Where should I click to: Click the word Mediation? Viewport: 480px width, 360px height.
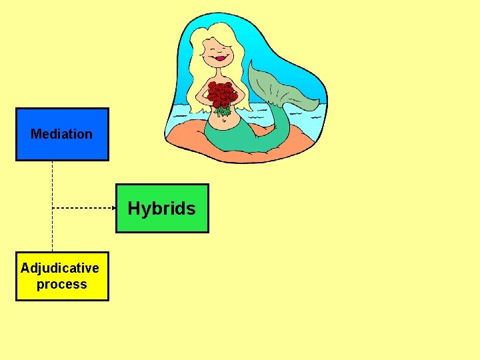pyautogui.click(x=62, y=134)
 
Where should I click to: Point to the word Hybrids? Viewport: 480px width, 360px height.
pyautogui.click(x=162, y=209)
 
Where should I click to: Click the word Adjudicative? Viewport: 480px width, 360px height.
pyautogui.click(x=60, y=268)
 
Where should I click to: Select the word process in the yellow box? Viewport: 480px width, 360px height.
pyautogui.click(x=62, y=285)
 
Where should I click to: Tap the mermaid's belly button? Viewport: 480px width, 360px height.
pyautogui.click(x=223, y=121)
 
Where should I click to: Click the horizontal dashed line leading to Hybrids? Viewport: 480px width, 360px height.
pyautogui.click(x=80, y=208)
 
